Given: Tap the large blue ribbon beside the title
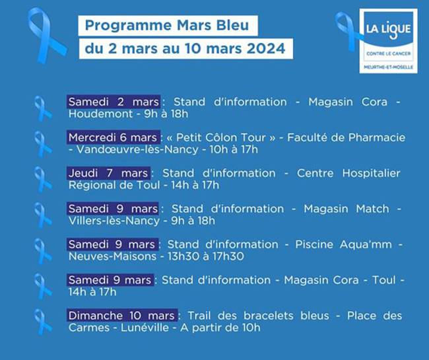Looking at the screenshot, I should pos(46,36).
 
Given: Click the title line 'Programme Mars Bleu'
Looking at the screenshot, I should pos(168,26).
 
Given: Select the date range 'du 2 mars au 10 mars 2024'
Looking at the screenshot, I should pos(185,49).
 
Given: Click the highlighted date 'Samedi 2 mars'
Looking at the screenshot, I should pos(114,102).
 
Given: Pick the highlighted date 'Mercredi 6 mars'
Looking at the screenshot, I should pos(113,137).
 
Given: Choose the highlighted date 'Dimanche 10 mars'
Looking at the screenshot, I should pos(121,315).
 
